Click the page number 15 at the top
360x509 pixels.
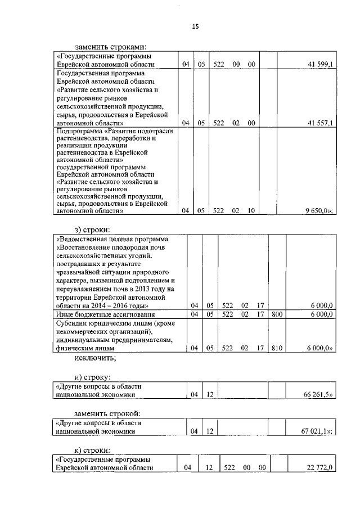coord(195,26)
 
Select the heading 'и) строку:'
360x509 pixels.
coord(94,377)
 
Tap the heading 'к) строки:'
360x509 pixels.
coord(93,449)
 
